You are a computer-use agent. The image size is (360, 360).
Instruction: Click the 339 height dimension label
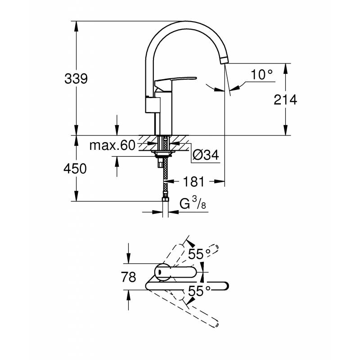[76, 79]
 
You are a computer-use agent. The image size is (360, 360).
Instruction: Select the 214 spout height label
[285, 100]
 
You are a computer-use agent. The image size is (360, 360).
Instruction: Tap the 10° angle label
[262, 75]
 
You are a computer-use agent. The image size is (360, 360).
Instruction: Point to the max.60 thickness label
[112, 145]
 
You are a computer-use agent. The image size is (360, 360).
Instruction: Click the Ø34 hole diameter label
[206, 155]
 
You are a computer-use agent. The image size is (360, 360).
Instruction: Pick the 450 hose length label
[75, 169]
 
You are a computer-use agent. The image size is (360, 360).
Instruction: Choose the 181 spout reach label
[193, 182]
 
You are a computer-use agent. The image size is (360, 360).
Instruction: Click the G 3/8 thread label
[193, 203]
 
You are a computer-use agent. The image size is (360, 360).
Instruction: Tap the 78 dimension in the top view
[129, 277]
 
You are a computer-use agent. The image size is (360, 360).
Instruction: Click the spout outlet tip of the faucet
[224, 60]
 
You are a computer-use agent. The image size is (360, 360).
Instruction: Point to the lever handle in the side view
[175, 81]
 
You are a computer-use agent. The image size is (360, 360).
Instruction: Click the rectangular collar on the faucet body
[153, 105]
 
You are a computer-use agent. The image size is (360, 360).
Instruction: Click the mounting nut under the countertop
[163, 154]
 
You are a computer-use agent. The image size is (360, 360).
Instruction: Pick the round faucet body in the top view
[162, 272]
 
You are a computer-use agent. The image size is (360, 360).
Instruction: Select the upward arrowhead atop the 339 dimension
[76, 27]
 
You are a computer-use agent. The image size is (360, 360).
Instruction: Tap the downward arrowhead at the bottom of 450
[76, 196]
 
